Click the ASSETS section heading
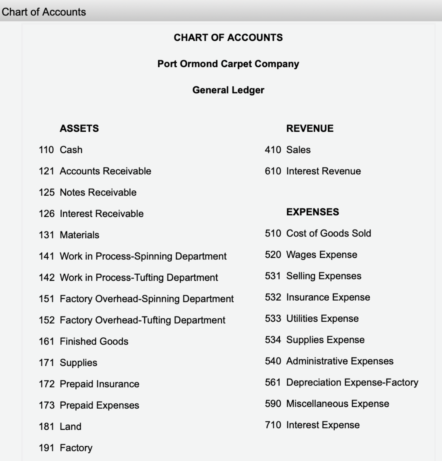[79, 129]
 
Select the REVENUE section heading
[310, 129]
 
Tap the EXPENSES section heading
[313, 212]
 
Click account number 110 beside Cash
[46, 150]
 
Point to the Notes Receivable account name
[98, 193]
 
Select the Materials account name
[80, 235]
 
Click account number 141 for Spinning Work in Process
[46, 257]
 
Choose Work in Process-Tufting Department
[139, 278]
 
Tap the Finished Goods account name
[94, 342]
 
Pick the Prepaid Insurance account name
[99, 384]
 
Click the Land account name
[71, 427]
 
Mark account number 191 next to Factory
[46, 448]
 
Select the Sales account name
[298, 150]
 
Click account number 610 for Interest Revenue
[273, 171]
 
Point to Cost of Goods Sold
[329, 233]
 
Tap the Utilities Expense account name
[322, 319]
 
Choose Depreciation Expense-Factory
[352, 383]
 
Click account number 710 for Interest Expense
[273, 425]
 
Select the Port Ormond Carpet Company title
[228, 64]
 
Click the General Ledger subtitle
[228, 90]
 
